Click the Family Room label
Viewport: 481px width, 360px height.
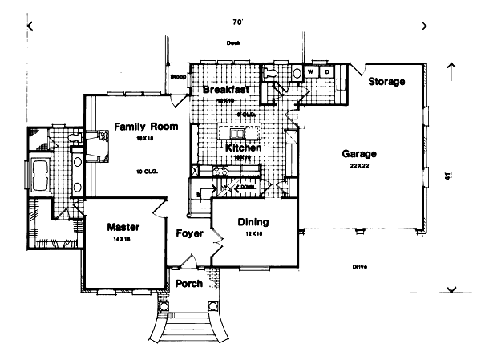tap(145, 126)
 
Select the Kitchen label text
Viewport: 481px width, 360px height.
tap(240, 148)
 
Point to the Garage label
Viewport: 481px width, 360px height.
tap(359, 153)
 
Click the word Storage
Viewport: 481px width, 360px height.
tap(386, 82)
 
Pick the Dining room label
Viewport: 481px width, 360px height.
tap(253, 222)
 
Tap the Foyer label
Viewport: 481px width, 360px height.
tap(190, 233)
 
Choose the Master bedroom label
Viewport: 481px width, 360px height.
tap(123, 227)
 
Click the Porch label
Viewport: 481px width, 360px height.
tap(189, 284)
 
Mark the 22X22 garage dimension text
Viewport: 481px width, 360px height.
tap(359, 164)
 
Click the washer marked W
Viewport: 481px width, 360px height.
tap(312, 72)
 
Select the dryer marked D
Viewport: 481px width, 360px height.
tap(327, 72)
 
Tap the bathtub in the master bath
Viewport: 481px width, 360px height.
tap(40, 172)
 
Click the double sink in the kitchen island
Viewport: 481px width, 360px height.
tap(238, 131)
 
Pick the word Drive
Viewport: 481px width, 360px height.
tap(358, 267)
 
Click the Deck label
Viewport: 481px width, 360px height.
tap(233, 42)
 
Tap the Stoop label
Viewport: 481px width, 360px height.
tap(179, 76)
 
